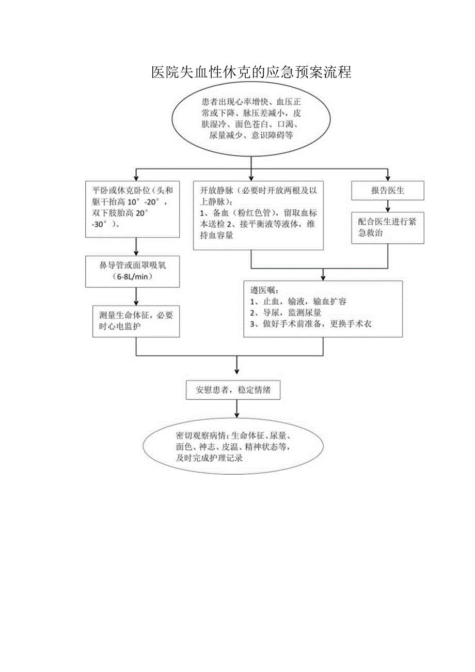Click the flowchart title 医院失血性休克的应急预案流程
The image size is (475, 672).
click(x=251, y=72)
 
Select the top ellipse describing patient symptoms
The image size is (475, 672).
click(x=251, y=119)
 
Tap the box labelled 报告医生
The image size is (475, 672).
click(x=388, y=191)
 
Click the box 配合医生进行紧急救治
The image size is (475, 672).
click(x=388, y=228)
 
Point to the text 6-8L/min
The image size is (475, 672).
click(x=136, y=277)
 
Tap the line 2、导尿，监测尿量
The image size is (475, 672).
click(x=285, y=313)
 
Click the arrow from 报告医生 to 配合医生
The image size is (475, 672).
click(x=388, y=206)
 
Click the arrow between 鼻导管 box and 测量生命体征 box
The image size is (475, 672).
click(x=136, y=296)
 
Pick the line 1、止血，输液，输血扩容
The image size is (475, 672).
click(x=298, y=302)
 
